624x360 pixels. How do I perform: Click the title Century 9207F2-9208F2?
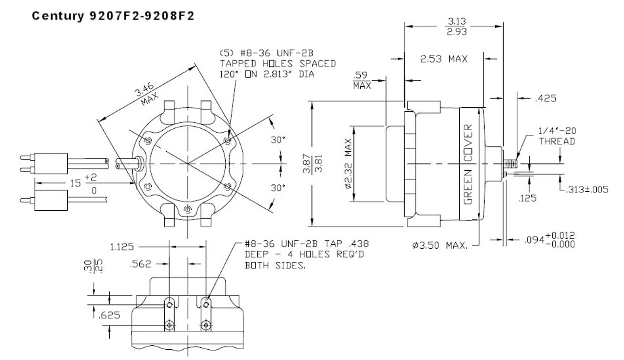click(x=113, y=16)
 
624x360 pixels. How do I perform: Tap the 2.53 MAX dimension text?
click(x=444, y=59)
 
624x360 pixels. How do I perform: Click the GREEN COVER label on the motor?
click(x=468, y=163)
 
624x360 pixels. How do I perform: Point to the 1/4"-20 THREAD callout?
click(x=556, y=136)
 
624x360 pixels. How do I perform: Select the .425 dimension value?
click(x=546, y=99)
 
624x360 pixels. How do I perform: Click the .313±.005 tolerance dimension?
click(x=586, y=190)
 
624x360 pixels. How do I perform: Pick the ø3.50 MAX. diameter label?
click(x=440, y=245)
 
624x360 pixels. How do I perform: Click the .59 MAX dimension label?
click(x=362, y=80)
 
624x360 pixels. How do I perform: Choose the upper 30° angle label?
click(x=278, y=140)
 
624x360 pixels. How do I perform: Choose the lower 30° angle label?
click(x=278, y=188)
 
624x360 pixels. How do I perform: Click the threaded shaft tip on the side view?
click(x=511, y=162)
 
